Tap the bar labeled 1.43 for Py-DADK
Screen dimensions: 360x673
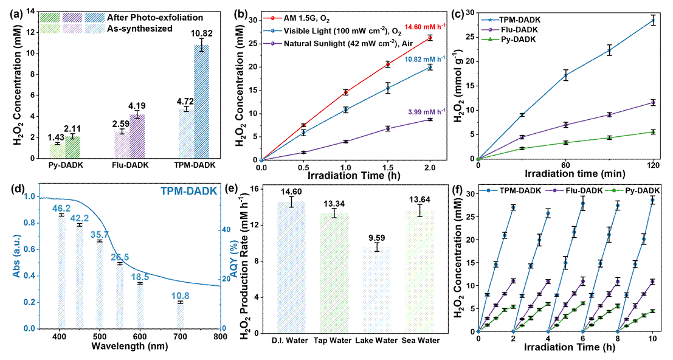[58, 151]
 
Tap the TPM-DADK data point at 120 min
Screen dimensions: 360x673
[654, 21]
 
